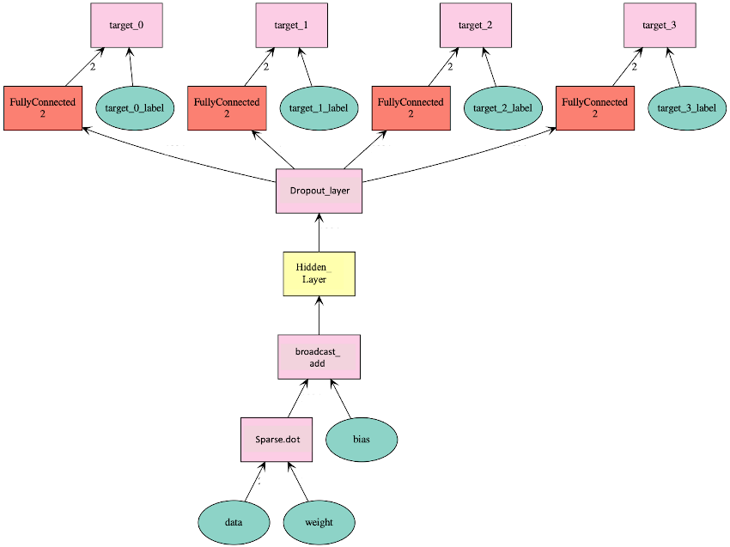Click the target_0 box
[x=126, y=26]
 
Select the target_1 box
[x=292, y=26]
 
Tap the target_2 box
[x=476, y=26]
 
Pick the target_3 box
[x=660, y=26]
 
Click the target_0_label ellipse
[x=133, y=108]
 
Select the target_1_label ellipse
[x=318, y=108]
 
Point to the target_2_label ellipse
[x=502, y=108]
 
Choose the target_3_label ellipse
[x=686, y=108]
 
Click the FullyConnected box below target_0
[x=42, y=108]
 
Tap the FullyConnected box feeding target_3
[x=594, y=108]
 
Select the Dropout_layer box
[x=319, y=191]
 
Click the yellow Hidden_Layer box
[x=319, y=274]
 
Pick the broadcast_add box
[x=319, y=357]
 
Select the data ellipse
[x=234, y=522]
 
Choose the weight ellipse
[x=319, y=522]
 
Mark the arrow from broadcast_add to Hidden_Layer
[x=319, y=315]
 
